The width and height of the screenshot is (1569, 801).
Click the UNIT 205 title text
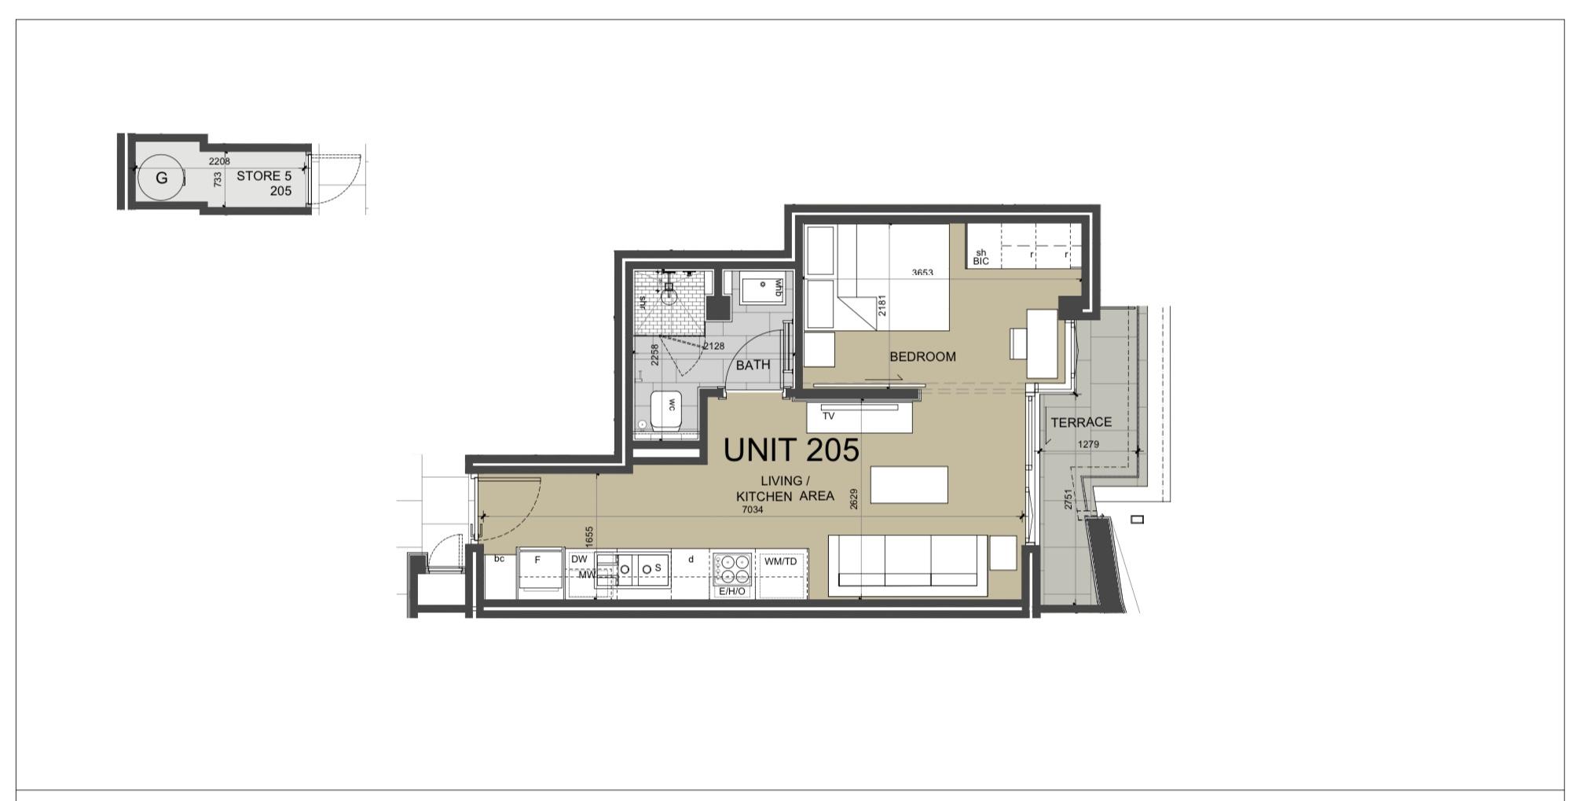pos(791,450)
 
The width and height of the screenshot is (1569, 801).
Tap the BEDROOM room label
pos(922,357)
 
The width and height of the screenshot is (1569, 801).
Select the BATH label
pos(753,366)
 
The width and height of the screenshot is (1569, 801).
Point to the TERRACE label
pos(1081,423)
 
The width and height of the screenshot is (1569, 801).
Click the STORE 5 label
pos(264,176)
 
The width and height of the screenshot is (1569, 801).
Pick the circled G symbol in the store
pos(161,178)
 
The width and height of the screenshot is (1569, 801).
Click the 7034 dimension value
pos(753,509)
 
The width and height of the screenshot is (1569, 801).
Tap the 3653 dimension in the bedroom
pos(922,273)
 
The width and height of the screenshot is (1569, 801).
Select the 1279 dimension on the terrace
pos(1088,444)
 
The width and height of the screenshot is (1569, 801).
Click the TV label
pos(828,417)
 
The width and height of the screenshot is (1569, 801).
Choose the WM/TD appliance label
pos(780,561)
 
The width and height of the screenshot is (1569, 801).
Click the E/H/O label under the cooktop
pos(732,591)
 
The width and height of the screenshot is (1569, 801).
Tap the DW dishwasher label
pos(579,560)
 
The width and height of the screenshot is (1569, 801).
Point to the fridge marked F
pos(539,573)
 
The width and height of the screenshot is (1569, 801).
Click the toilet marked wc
pos(666,410)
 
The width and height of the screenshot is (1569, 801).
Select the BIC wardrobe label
pos(981,261)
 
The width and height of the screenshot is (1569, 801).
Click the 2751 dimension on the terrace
pos(1068,500)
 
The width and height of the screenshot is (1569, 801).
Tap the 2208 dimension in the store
pos(219,161)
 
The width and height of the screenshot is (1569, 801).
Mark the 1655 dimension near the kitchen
pos(589,536)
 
